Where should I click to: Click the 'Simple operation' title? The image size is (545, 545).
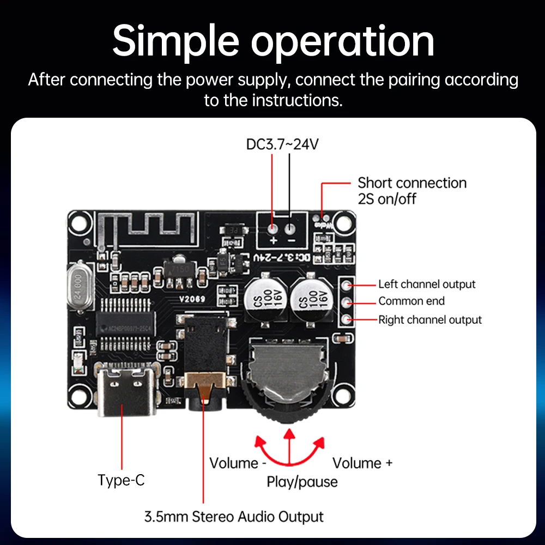click(273, 40)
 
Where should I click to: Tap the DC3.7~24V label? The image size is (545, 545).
click(282, 144)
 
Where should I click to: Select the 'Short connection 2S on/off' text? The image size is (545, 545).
click(411, 191)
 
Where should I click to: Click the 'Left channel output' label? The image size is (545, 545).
click(427, 284)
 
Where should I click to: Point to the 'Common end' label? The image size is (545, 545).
click(411, 301)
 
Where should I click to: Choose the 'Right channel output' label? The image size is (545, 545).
click(430, 320)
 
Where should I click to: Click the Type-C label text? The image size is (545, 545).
click(121, 480)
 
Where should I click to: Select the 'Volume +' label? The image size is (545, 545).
click(362, 463)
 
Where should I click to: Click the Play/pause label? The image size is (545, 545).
click(302, 482)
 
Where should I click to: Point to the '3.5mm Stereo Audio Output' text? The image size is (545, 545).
click(234, 517)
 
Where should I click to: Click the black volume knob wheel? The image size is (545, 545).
click(289, 392)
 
